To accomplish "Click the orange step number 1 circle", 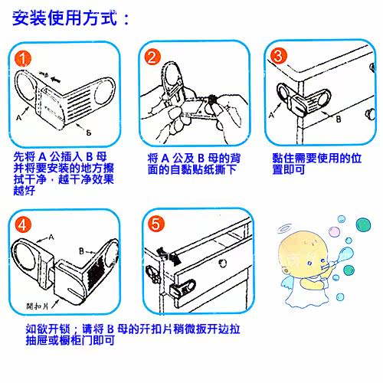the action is tap(23, 59).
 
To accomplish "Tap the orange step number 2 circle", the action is tap(152, 57).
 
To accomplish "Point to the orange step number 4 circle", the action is tap(23, 225).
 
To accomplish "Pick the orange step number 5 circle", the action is tap(156, 224).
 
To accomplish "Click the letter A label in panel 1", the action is tap(18, 118).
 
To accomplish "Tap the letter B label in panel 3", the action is tap(339, 119).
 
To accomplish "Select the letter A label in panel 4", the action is tap(51, 237).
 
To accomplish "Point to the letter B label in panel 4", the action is tap(81, 251).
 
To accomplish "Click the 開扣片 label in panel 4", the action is tap(38, 306).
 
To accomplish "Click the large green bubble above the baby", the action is tap(363, 225).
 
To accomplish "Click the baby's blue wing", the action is tap(289, 284).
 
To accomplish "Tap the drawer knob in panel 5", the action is tap(223, 263).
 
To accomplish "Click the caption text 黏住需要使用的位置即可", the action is tap(316, 163).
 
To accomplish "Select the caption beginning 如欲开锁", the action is tap(133, 334).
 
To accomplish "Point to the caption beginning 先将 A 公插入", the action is tap(64, 173).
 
